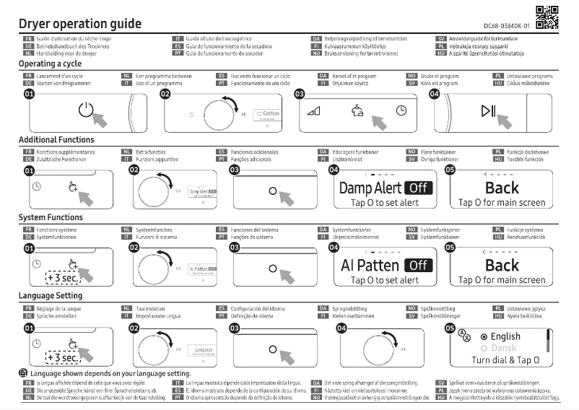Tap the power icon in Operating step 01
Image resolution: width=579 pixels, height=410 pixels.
click(86, 110)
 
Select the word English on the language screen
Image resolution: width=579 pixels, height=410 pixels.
click(505, 336)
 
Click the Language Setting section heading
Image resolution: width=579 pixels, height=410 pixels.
click(51, 296)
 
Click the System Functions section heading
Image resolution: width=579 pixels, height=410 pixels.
click(51, 217)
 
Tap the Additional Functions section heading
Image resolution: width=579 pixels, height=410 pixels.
click(56, 140)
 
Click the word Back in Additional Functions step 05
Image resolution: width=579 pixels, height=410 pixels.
click(502, 188)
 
